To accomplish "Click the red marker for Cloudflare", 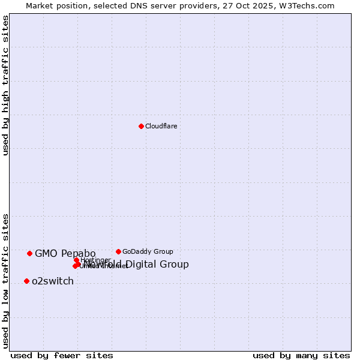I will click(141, 126).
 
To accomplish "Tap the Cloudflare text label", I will click(161, 126).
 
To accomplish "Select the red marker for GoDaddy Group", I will click(118, 251).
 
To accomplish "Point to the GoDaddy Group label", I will click(148, 251).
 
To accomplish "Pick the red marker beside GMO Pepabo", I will click(29, 253).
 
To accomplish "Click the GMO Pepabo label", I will click(65, 253).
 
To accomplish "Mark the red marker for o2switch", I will click(26, 281).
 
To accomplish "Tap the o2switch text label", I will click(53, 281).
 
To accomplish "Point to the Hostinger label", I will click(95, 260).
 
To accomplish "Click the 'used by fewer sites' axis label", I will click(62, 356).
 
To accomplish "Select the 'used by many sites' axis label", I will click(301, 356).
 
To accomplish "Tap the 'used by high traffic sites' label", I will click(6, 85).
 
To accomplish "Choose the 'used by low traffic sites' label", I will click(6, 281).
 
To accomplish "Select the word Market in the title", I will click(39, 5).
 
